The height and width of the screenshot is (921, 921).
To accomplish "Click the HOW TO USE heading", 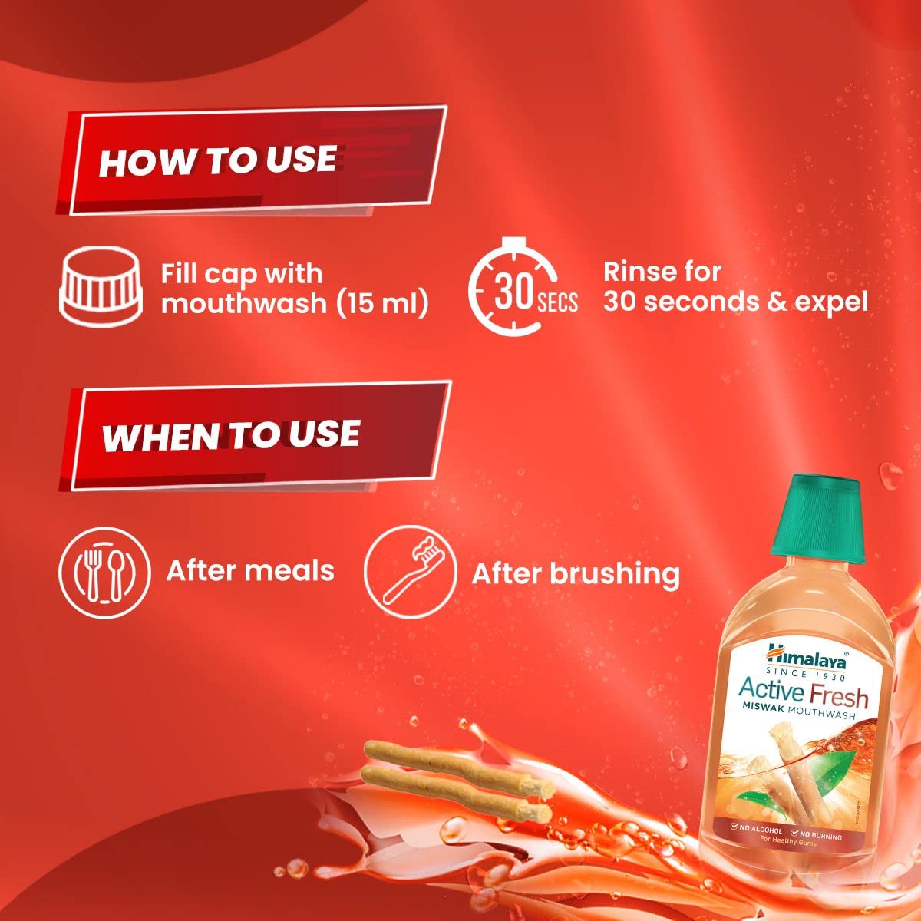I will pyautogui.click(x=217, y=161).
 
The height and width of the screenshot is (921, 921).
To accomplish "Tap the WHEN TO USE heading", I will pyautogui.click(x=230, y=435).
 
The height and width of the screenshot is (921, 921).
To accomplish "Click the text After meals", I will pyautogui.click(x=250, y=571).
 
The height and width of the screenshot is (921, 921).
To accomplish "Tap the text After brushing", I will pyautogui.click(x=576, y=574).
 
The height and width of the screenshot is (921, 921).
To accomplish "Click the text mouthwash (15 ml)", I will pyautogui.click(x=295, y=303).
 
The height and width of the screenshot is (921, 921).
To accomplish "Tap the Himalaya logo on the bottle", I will pyautogui.click(x=804, y=659).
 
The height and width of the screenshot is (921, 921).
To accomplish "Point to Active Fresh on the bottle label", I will pyautogui.click(x=803, y=692).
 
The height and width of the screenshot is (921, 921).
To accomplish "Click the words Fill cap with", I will pyautogui.click(x=241, y=274).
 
